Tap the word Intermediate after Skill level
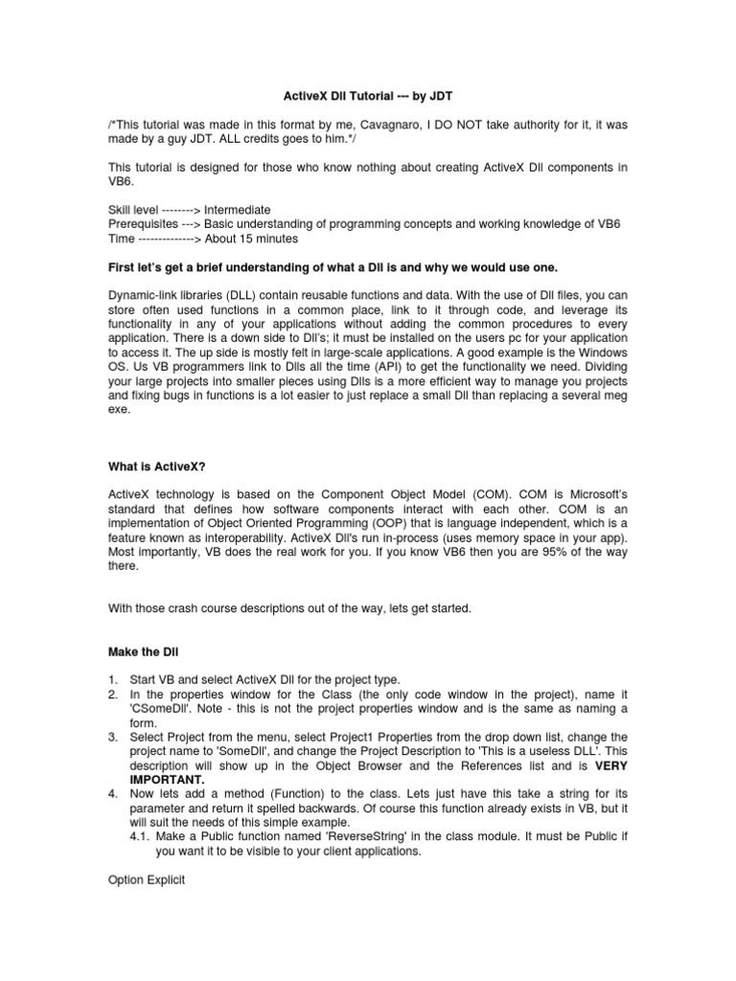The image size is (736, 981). [x=238, y=209]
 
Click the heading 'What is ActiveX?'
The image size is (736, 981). [x=156, y=467]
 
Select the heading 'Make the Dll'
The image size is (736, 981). [x=142, y=651]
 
